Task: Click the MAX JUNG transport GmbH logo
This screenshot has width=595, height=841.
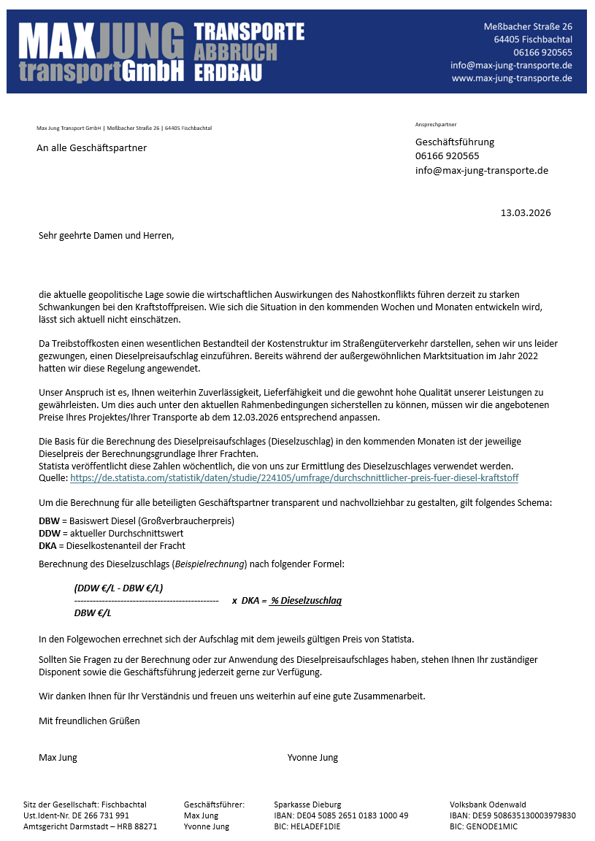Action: (x=101, y=52)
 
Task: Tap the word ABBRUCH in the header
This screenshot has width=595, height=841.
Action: (x=236, y=53)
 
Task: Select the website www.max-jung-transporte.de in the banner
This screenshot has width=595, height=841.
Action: (x=512, y=78)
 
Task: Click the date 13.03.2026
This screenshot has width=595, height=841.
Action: (x=525, y=213)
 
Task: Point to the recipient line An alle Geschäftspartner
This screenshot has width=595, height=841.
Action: (x=91, y=148)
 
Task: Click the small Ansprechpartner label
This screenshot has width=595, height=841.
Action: (x=436, y=125)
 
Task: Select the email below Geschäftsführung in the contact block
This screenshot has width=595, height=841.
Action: (x=481, y=170)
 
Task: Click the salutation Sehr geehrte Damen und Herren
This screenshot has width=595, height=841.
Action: (x=107, y=235)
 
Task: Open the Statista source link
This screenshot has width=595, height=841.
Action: (x=293, y=477)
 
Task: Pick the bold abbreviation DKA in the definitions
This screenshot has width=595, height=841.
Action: (x=47, y=545)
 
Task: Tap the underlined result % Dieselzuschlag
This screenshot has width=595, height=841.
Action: (x=305, y=601)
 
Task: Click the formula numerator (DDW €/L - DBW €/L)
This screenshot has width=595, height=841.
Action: (x=118, y=588)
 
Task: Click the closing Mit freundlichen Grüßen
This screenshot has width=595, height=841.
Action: (x=89, y=721)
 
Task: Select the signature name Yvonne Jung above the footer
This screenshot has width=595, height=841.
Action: (x=312, y=757)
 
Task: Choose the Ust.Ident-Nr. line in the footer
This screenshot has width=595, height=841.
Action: (x=76, y=815)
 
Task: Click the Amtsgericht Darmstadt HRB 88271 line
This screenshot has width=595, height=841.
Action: (x=90, y=826)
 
